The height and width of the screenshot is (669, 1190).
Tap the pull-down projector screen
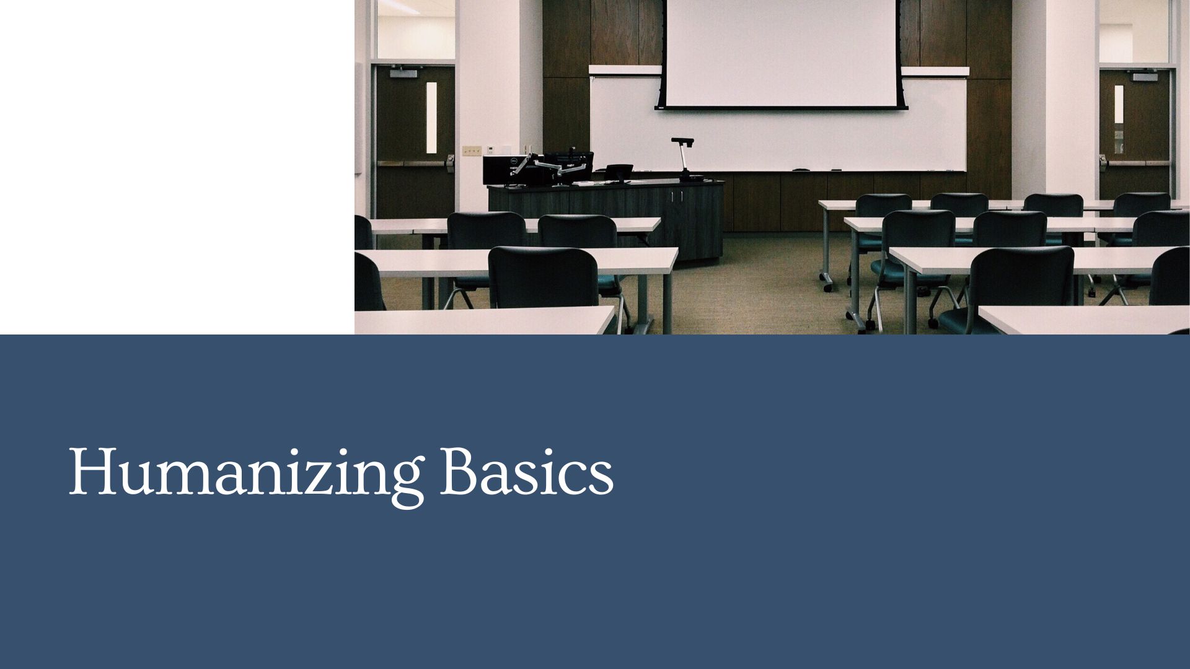click(x=780, y=53)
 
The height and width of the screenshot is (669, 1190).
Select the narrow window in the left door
click(x=431, y=118)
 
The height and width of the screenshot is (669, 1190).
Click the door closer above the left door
click(x=403, y=74)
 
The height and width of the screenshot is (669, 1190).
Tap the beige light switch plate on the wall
click(x=472, y=150)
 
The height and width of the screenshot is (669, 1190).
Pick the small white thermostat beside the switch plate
click(x=490, y=149)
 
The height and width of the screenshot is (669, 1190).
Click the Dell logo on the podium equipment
click(x=513, y=162)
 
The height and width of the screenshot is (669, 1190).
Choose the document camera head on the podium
click(x=682, y=141)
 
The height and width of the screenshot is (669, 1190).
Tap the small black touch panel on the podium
click(x=619, y=169)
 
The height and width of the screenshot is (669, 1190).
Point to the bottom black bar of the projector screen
click(x=780, y=108)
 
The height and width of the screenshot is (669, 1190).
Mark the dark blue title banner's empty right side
click(x=930, y=496)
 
